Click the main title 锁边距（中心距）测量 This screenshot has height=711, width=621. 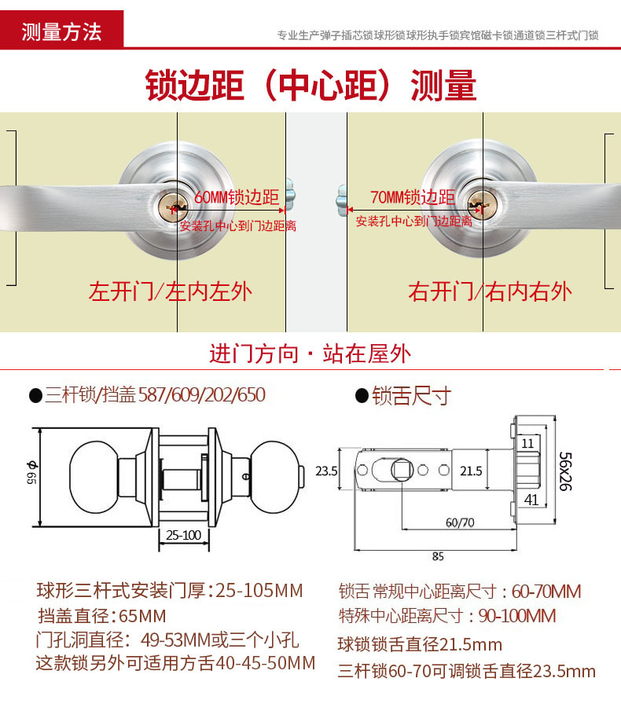coord(310,86)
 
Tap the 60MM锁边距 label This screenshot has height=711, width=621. coord(236,197)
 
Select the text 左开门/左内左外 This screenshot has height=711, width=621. coord(171,292)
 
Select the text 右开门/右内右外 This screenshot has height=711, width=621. coord(490,292)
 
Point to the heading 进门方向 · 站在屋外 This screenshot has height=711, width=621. coord(310,354)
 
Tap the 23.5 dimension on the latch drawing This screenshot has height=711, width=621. coord(326,471)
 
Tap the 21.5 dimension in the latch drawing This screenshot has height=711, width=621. coord(470,471)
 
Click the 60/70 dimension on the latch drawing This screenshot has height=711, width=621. coord(460,522)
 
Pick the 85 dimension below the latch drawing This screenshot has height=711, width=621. coord(438,556)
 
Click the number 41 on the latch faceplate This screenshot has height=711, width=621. coord(531,498)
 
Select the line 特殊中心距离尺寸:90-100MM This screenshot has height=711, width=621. coord(447,616)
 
